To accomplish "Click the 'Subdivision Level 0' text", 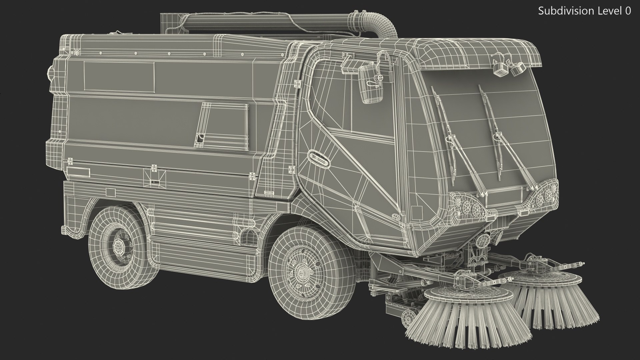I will (x=584, y=11).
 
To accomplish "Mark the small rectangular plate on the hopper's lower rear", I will (x=78, y=172).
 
